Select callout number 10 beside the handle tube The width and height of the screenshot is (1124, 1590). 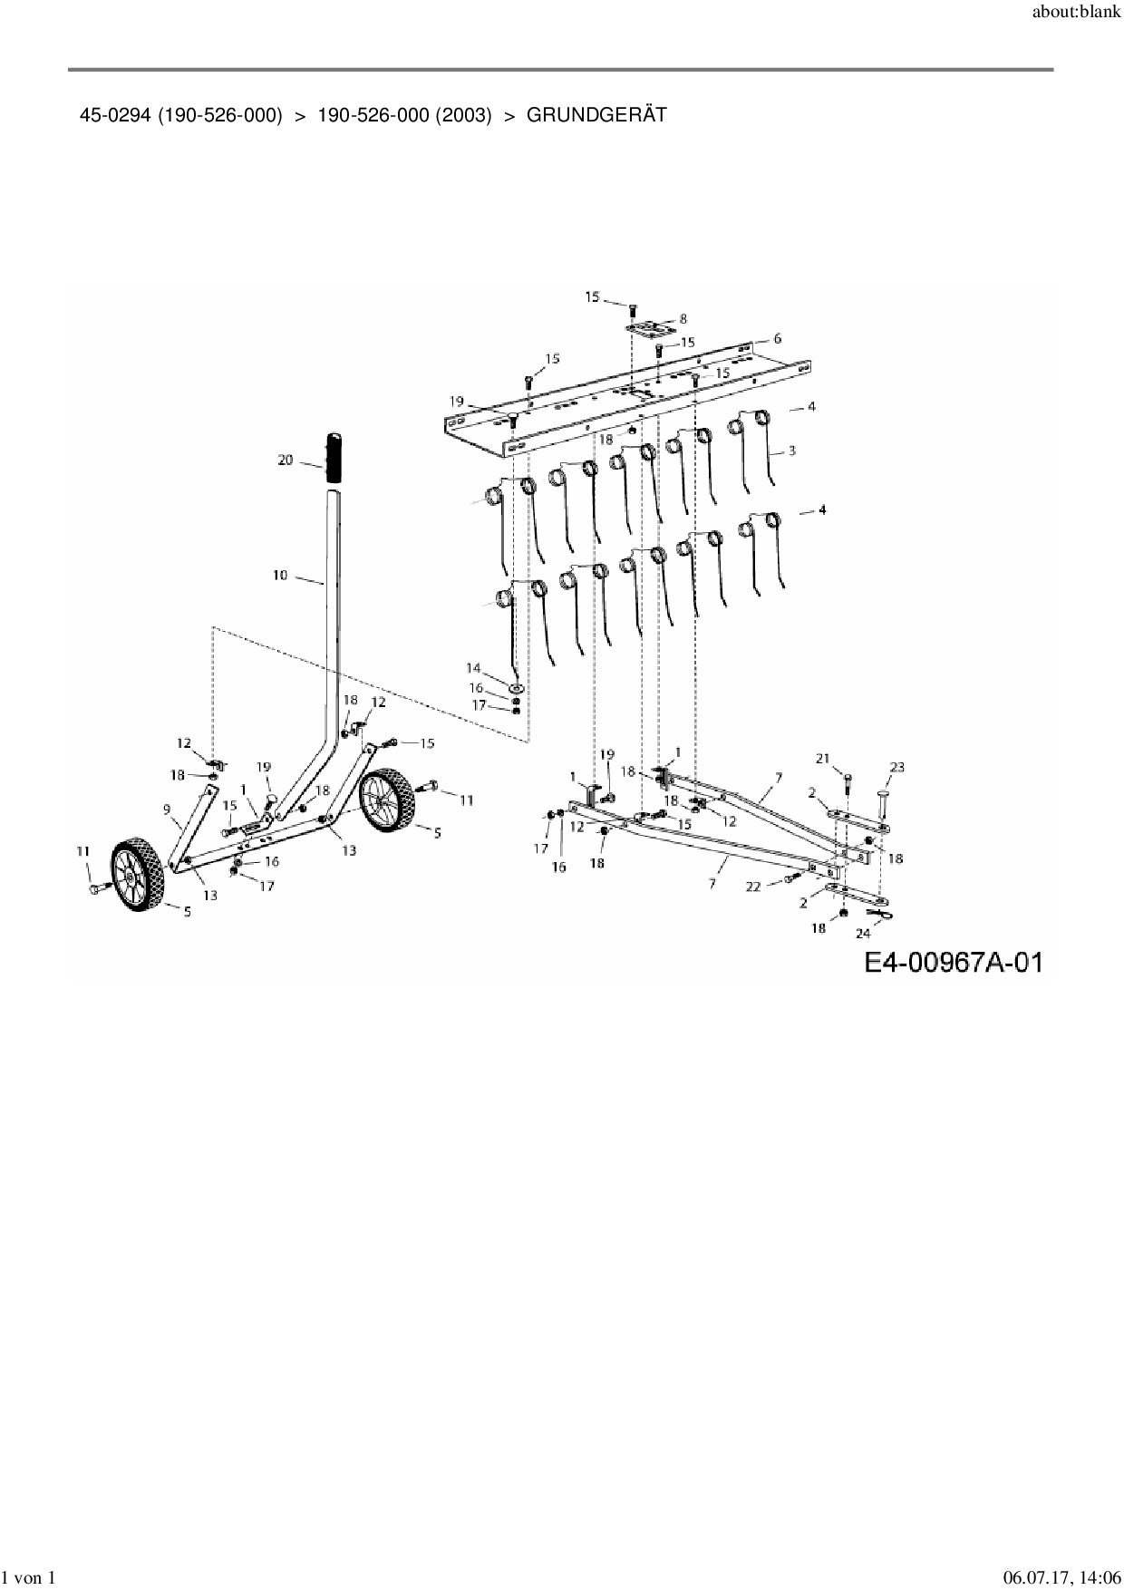coord(280,575)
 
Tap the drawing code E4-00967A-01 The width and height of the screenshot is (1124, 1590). coord(952,962)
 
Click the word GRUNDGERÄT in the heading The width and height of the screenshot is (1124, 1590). coord(596,115)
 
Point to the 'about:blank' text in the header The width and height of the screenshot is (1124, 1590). coord(1077,13)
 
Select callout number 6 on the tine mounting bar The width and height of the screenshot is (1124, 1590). coord(777,338)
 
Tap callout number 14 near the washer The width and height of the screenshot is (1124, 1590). coord(473,668)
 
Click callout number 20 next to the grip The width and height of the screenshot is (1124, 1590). coord(286,461)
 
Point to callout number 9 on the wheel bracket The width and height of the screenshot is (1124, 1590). coord(167,809)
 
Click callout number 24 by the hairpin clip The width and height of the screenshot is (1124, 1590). coord(863,933)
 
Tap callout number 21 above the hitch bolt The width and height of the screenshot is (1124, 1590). coord(823,759)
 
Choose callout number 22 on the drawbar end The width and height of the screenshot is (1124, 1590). coord(753,887)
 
